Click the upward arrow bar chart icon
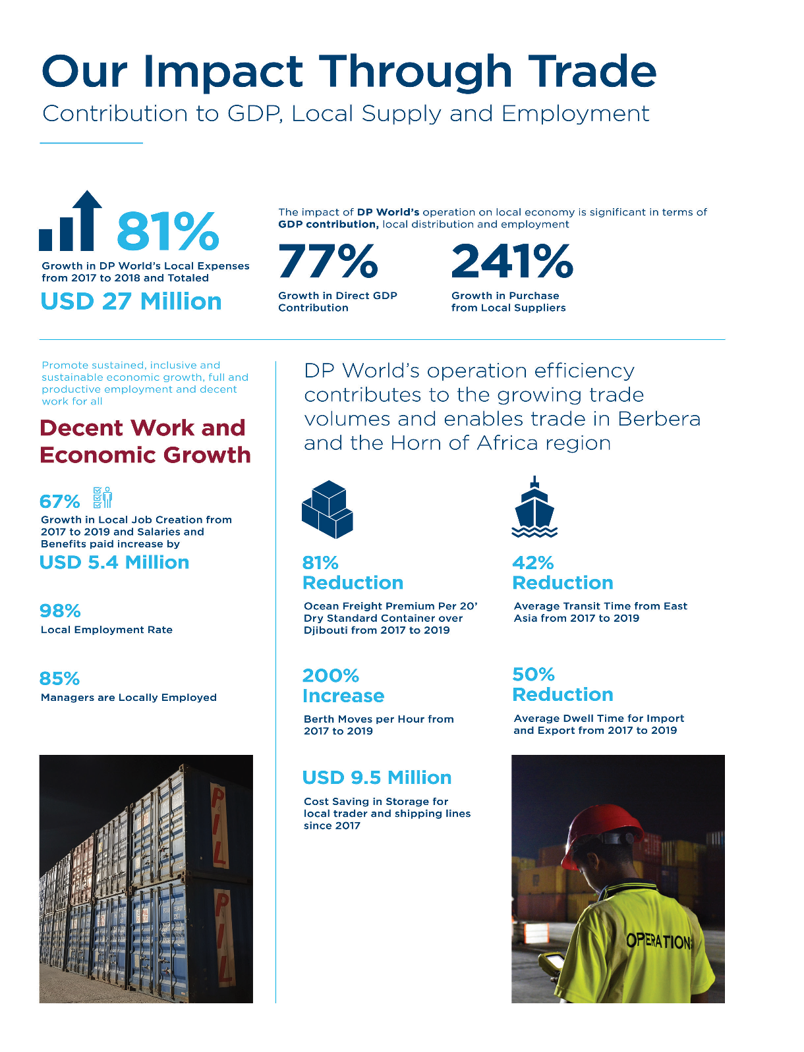pos(71,222)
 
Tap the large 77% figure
pos(328,262)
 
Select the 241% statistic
pos(512,262)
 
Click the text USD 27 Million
pos(131,302)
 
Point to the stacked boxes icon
pos(328,509)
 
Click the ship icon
pos(534,508)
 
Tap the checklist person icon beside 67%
pos(102,498)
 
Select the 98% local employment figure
pos(60,611)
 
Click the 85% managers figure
pos(59,678)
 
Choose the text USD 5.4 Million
pos(114,563)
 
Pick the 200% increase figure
pos(331,676)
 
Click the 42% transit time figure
pos(533,563)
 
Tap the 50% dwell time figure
pos(534,675)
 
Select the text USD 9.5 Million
pos(377,778)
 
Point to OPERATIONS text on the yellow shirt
pos(659,941)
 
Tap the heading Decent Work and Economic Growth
pos(145,441)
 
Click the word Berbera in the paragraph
pos(659,419)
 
